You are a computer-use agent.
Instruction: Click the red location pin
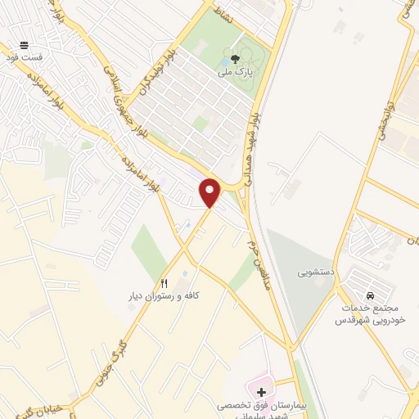(x=210, y=192)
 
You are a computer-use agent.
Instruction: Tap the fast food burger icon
(x=24, y=46)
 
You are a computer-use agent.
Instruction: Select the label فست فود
(x=22, y=59)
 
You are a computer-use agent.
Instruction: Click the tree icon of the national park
(x=236, y=58)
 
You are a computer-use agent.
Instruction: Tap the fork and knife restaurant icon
(x=164, y=282)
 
